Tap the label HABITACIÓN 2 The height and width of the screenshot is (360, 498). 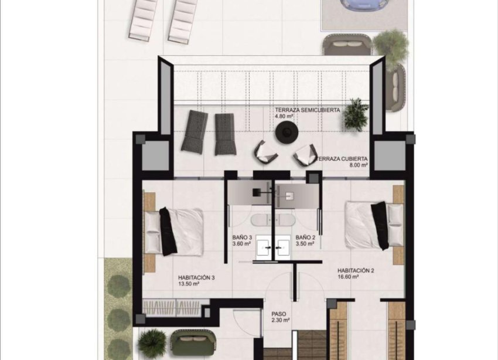point(356,270)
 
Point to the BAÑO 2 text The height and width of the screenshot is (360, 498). point(306,237)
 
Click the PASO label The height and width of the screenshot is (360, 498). point(279,314)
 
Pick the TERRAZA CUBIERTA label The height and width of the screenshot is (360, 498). point(343,159)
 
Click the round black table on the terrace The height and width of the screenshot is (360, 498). point(285,134)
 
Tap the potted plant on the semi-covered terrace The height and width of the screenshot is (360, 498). point(356,113)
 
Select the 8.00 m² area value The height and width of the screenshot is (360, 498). point(358,165)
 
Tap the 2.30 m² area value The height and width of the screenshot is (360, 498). point(279,321)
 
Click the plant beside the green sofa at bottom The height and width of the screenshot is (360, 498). point(153,342)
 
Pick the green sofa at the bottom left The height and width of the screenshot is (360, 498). point(194,343)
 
